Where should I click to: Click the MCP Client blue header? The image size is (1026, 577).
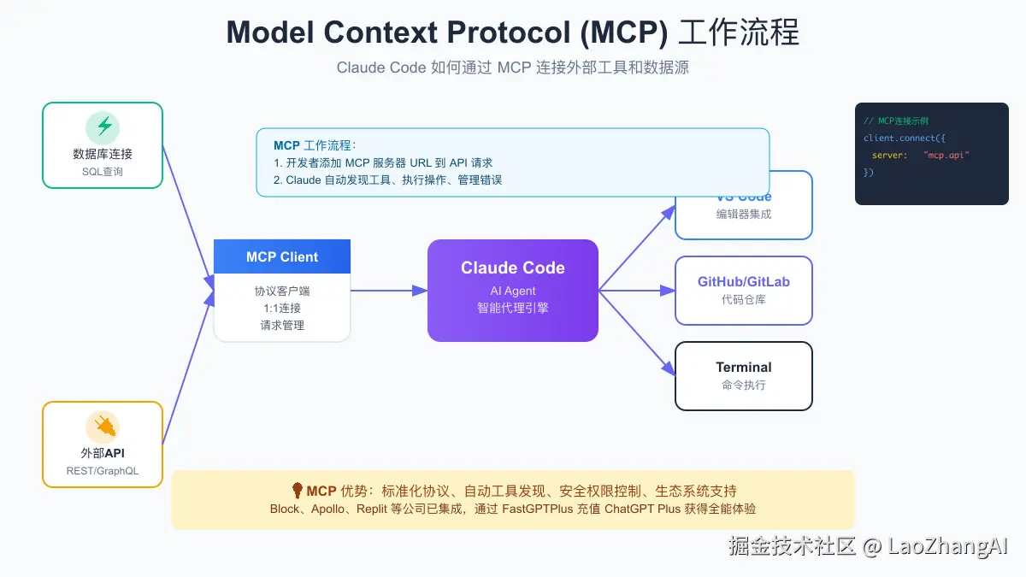(282, 256)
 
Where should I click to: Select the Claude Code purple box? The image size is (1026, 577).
(513, 291)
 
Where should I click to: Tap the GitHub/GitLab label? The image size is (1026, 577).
(744, 282)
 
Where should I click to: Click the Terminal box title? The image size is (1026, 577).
(744, 368)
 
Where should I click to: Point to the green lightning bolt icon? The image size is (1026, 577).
(103, 127)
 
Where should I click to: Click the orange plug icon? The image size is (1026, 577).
(103, 427)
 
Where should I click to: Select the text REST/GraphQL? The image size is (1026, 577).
(103, 471)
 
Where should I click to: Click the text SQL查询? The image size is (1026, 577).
(103, 172)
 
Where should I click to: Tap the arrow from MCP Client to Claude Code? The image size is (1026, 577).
(389, 291)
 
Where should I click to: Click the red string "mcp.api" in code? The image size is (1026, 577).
(946, 155)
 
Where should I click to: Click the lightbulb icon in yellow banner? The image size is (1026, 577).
(298, 491)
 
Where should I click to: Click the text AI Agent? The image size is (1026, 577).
(513, 291)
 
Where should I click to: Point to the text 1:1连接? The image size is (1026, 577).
(282, 308)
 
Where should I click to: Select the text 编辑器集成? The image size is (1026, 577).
(744, 215)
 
